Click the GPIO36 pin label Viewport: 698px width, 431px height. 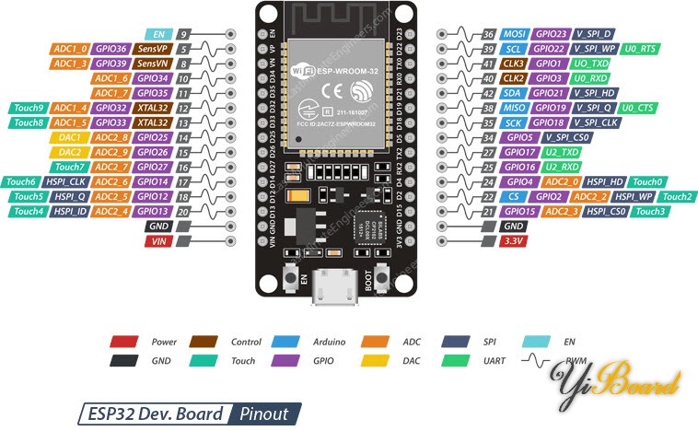tap(111, 48)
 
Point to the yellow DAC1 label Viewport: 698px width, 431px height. tap(70, 137)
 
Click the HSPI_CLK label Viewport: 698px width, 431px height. tap(70, 181)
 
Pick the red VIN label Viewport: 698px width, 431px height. tap(159, 240)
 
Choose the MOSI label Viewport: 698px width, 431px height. tap(516, 33)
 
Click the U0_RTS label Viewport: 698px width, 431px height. tap(641, 48)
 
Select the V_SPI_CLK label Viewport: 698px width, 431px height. tap(596, 122)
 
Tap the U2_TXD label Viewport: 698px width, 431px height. tap(561, 152)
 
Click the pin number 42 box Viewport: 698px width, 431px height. tap(488, 92)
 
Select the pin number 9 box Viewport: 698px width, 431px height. tap(184, 33)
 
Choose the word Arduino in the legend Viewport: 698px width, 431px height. tap(329, 342)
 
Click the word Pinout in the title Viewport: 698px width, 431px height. tap(263, 414)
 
